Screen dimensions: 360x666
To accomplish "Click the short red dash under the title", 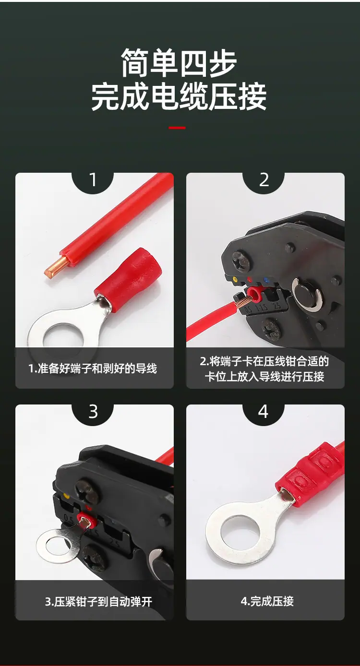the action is (177, 128).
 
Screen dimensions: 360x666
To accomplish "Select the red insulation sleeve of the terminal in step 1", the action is (128, 276).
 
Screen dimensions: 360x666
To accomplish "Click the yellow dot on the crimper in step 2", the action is (235, 279).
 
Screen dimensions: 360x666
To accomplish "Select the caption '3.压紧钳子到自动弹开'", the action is (98, 602).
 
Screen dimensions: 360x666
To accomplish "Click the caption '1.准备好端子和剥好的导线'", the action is (93, 369).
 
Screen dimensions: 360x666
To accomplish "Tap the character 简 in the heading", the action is (135, 63).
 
